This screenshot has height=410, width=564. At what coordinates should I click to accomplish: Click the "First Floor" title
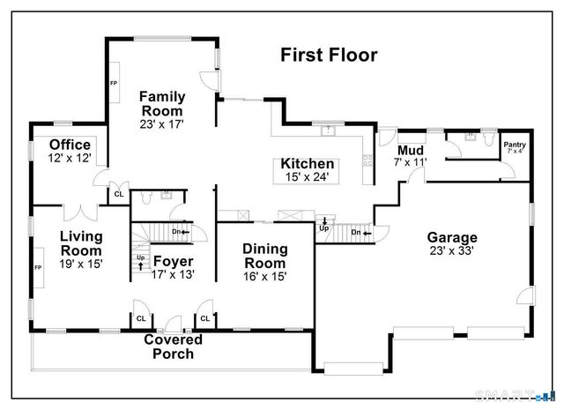click(x=329, y=56)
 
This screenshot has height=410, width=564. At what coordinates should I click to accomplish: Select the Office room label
click(x=70, y=145)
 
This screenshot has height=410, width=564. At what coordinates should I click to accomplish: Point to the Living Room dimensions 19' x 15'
click(x=81, y=265)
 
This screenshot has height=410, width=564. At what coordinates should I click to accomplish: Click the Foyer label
click(x=173, y=261)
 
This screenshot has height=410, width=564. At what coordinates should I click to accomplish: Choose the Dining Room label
click(x=264, y=256)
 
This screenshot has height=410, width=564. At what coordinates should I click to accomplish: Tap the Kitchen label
click(x=307, y=164)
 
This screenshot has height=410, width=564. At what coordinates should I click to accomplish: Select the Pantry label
click(x=514, y=144)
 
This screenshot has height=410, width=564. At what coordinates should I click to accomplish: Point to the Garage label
click(x=452, y=237)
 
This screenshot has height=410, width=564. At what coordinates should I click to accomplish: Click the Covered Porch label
click(x=173, y=347)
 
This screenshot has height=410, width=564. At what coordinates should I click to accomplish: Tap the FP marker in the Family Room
click(x=114, y=84)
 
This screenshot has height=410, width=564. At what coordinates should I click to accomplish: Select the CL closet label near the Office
click(x=118, y=194)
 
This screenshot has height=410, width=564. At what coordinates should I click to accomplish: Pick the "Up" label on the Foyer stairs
click(x=140, y=257)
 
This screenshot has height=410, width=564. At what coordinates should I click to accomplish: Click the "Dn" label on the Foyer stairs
click(x=175, y=232)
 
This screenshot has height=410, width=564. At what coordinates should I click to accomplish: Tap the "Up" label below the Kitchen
click(x=323, y=227)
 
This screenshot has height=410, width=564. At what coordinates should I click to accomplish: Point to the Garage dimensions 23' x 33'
click(x=452, y=250)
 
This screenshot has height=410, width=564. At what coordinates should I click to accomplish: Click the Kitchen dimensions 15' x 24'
click(x=307, y=177)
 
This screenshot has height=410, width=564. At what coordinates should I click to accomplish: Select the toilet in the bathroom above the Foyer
click(x=164, y=198)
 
